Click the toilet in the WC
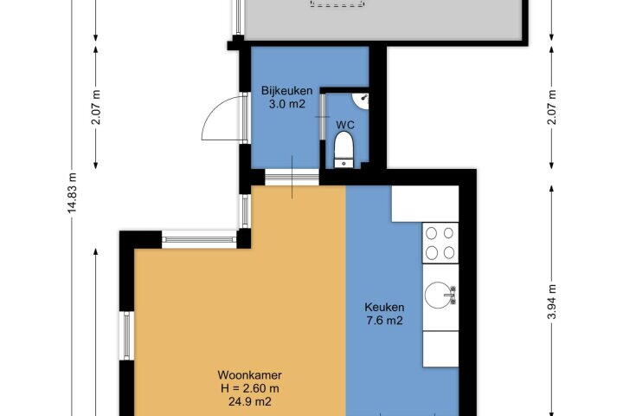tap(344, 149)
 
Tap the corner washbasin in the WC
tap(362, 101)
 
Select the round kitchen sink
tap(440, 295)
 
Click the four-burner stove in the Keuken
tap(440, 243)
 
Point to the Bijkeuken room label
tap(287, 91)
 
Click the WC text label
tap(345, 125)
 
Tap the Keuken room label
tap(384, 308)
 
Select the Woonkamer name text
tap(250, 375)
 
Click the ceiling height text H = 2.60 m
tap(250, 388)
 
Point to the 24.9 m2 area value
tap(250, 401)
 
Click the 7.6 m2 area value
tap(384, 321)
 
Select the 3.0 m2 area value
tap(287, 104)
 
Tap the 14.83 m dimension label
tap(72, 192)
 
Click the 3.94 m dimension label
tap(552, 302)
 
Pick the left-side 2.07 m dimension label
tap(96, 107)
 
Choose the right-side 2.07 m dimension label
tap(552, 107)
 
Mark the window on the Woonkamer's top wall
tap(199, 240)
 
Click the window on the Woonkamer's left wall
tap(126, 335)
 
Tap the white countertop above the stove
tap(425, 204)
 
